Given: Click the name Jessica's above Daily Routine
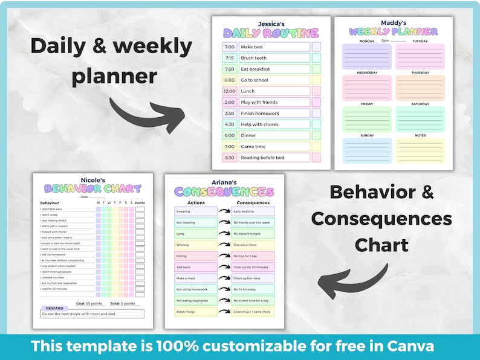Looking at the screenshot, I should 270,24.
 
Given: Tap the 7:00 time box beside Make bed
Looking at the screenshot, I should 229,47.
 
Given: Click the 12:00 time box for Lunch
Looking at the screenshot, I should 229,91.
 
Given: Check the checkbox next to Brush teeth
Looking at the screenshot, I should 316,58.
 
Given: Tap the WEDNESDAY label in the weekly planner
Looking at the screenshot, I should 367,72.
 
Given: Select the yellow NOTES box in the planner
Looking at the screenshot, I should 420,150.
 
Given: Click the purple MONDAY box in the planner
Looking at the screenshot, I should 367,57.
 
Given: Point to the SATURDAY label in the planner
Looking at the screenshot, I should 420,103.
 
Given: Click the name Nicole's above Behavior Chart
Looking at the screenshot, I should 92,180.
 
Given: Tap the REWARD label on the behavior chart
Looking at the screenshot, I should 55,308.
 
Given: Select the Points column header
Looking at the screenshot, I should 140,203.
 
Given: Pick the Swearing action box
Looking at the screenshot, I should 195,211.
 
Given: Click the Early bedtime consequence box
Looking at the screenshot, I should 253,211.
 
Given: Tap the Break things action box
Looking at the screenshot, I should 195,312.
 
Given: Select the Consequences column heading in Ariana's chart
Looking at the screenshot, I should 253,203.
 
